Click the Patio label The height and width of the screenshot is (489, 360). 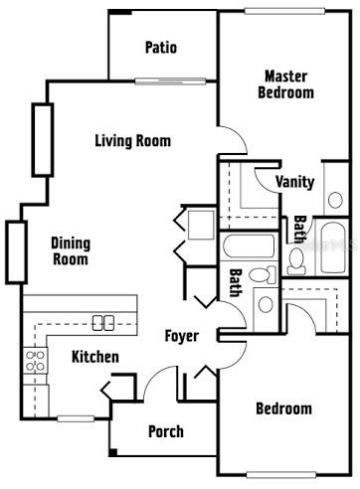point(161,48)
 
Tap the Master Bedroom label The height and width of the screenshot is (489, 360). point(285,84)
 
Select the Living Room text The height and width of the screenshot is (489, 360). point(133,141)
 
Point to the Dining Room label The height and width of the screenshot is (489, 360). point(71,251)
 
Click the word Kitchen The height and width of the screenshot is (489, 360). point(95,357)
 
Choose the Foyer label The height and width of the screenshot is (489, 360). point(182,336)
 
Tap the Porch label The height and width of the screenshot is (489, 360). point(166,431)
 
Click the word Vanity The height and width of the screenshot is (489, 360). point(294,182)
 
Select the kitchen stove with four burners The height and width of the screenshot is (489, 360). point(35,361)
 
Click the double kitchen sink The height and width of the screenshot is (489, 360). point(103,323)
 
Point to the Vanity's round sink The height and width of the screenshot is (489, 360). point(335,200)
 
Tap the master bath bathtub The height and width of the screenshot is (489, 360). point(333,247)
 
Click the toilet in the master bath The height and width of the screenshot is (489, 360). point(296,261)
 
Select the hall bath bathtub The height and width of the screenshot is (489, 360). point(249,245)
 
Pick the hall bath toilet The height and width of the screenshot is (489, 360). point(263,275)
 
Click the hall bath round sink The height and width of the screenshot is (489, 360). point(266,304)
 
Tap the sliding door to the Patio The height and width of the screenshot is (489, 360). point(170,81)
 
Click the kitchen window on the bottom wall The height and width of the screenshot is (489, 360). point(76,418)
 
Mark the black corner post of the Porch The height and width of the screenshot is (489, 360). point(113,452)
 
